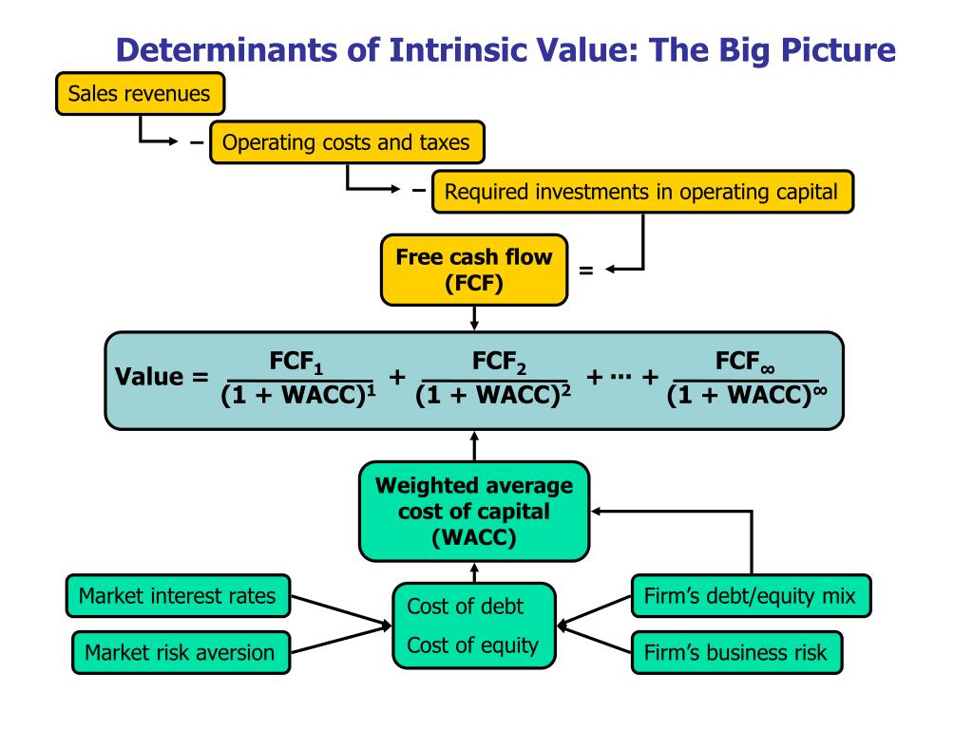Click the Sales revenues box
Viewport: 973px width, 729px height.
140,95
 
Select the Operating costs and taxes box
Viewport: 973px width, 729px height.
346,143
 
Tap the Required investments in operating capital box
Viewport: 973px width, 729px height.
642,192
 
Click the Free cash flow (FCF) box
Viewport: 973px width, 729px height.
473,271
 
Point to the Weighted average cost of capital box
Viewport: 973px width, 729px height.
474,513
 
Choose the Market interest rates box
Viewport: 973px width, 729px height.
178,596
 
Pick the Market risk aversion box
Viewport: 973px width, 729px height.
180,652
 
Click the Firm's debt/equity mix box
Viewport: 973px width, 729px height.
750,596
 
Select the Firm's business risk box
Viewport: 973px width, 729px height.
735,652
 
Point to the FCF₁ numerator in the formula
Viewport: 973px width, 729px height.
297,364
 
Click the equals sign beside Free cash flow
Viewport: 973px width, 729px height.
585,271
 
